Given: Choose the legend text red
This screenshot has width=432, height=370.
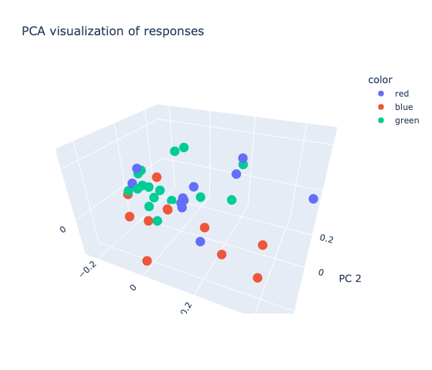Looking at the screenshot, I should click(402, 93).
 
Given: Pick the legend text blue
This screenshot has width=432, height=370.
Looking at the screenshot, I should click(404, 107).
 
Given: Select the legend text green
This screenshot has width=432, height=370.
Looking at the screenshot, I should click(407, 121).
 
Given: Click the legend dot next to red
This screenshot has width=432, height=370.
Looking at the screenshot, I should click(382, 93).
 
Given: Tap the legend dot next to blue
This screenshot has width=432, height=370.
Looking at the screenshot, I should click(382, 107).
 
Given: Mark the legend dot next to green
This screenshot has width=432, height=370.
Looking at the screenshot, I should click(382, 121).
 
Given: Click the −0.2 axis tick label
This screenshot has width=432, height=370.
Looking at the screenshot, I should click(90, 268).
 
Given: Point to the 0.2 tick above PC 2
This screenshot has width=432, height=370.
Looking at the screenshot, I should click(326, 239).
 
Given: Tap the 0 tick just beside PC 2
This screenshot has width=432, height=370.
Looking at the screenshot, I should click(321, 272).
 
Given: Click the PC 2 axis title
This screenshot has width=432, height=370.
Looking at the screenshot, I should click(350, 278).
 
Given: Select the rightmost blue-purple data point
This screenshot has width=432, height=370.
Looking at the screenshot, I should click(314, 199).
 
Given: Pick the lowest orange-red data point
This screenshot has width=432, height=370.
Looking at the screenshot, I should click(258, 278).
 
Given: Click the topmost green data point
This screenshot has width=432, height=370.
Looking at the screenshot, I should click(184, 147).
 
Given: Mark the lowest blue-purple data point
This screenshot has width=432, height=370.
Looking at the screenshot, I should click(200, 242).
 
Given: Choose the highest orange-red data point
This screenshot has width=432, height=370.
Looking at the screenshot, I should click(157, 177).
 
